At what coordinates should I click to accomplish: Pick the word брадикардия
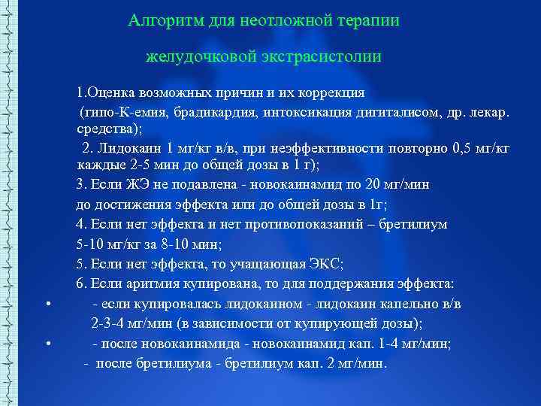[x=207, y=113]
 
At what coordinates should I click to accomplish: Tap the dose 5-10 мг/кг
[x=108, y=244]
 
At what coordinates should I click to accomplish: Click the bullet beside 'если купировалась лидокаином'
[x=47, y=304]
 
